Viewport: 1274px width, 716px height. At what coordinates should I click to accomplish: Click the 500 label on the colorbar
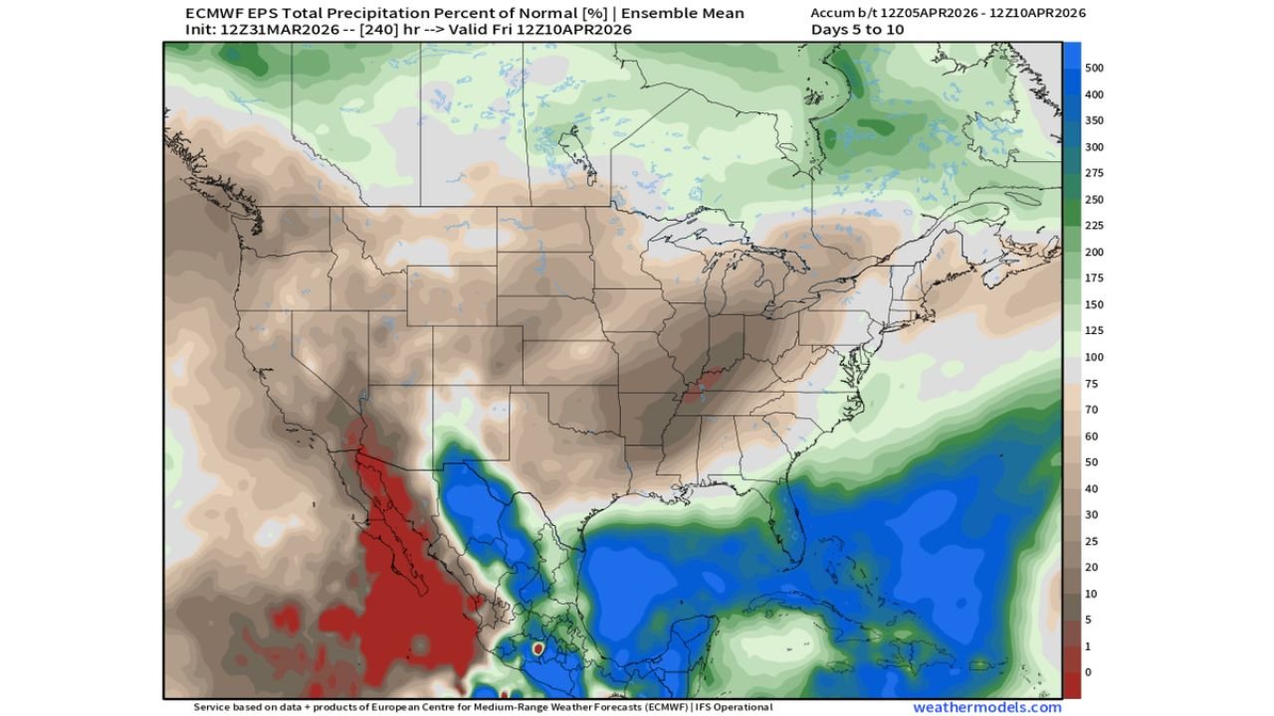[1095, 69]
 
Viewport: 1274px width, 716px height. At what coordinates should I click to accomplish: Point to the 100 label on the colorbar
[1095, 357]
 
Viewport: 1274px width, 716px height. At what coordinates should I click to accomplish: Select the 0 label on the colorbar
[1088, 672]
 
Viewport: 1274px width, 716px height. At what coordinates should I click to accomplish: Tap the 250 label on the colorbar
[1095, 200]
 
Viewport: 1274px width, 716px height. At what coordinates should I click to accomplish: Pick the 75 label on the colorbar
[1092, 384]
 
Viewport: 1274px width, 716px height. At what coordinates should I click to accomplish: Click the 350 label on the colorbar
[1095, 121]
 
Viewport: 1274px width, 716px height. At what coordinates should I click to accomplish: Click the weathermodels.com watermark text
[986, 707]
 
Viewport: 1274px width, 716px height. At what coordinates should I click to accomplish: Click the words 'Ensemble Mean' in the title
[689, 14]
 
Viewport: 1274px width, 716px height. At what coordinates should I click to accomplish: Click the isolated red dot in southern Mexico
[537, 648]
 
